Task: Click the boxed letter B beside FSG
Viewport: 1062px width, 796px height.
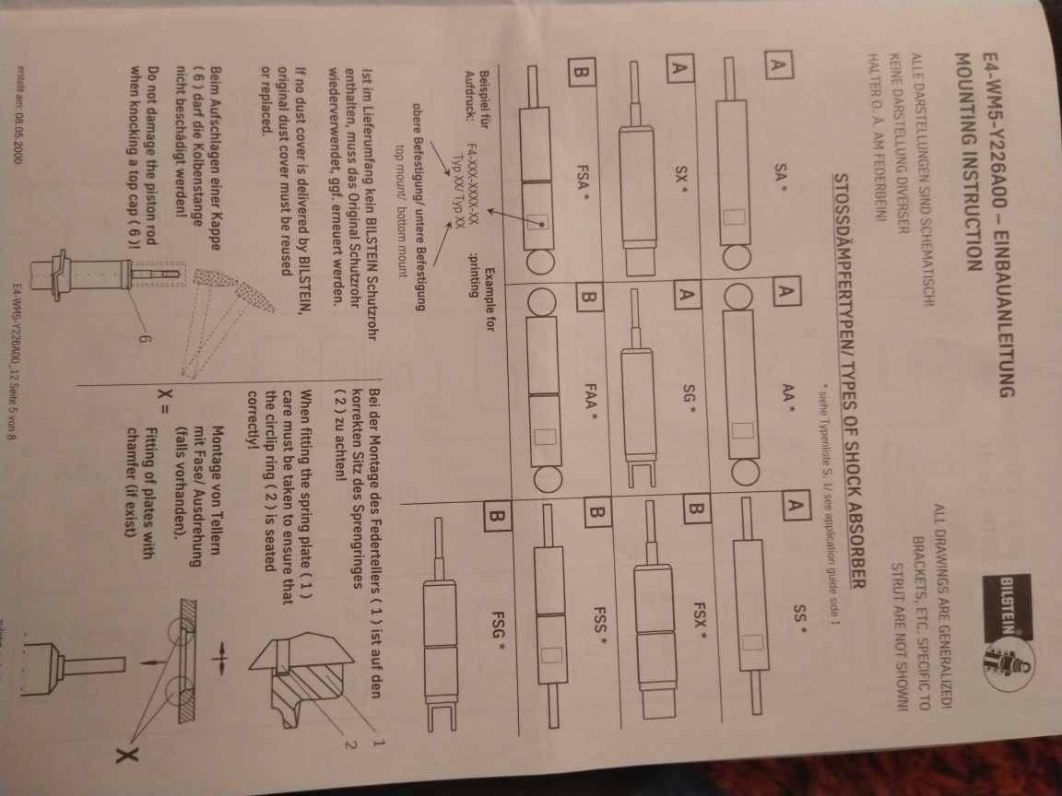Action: [x=497, y=518]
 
